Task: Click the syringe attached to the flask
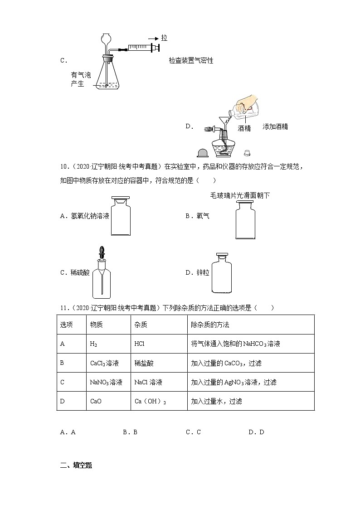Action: point(143,47)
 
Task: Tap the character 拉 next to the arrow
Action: point(164,38)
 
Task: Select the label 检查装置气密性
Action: point(191,60)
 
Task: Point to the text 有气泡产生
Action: point(80,79)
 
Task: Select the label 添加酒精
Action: point(275,127)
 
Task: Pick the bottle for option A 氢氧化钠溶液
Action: point(120,216)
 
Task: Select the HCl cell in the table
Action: point(140,344)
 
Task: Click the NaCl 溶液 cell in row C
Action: point(148,382)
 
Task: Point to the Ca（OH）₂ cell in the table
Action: point(151,401)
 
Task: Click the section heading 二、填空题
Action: point(76,465)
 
